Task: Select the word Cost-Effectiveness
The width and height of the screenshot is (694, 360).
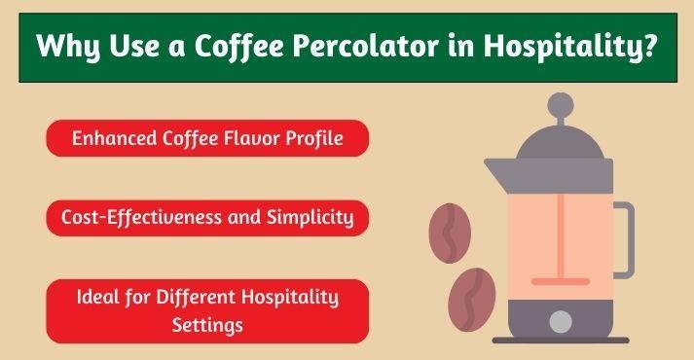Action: tap(150, 218)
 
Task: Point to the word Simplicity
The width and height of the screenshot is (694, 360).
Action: tap(309, 218)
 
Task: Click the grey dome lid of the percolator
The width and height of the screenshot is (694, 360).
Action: tap(560, 141)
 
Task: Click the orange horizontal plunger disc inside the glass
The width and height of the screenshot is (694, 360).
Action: tap(559, 281)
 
